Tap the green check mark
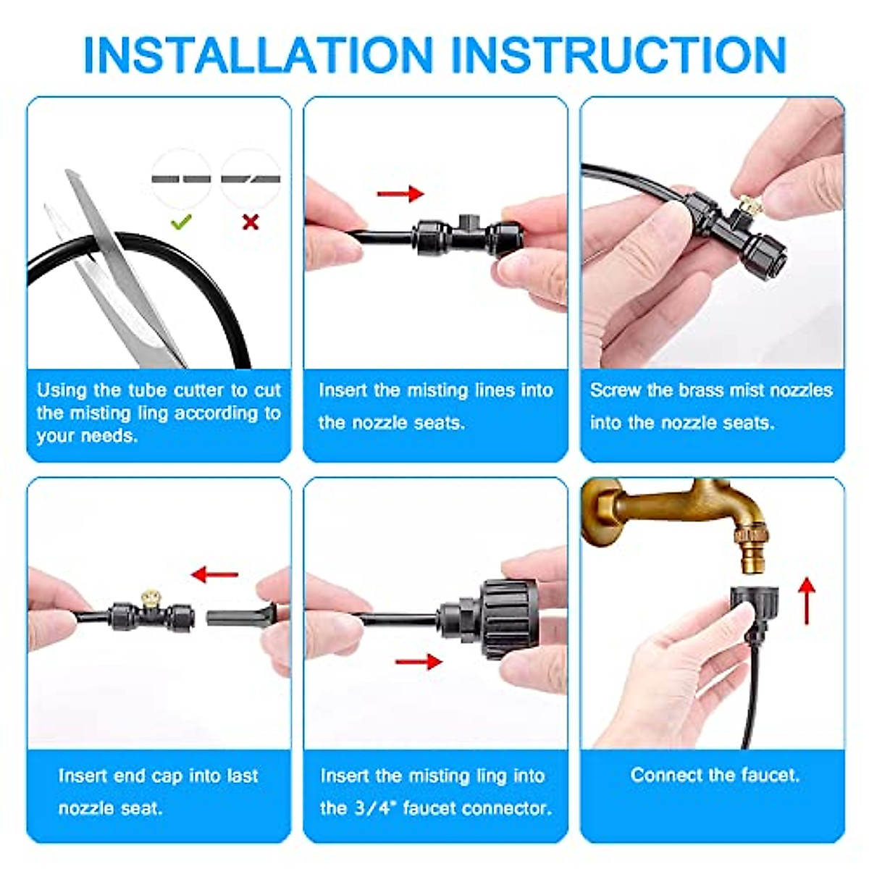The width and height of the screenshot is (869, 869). [181, 222]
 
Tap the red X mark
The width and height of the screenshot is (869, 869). [251, 222]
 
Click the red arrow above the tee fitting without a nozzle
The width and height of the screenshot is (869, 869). [400, 194]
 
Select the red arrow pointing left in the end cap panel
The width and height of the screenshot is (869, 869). [214, 574]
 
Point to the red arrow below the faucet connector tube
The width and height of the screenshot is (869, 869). [419, 662]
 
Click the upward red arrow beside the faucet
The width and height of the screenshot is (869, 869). [807, 601]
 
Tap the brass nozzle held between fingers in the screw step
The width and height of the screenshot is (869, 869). [750, 205]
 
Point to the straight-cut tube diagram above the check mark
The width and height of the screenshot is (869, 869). [181, 179]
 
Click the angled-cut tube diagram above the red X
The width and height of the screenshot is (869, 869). [251, 179]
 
